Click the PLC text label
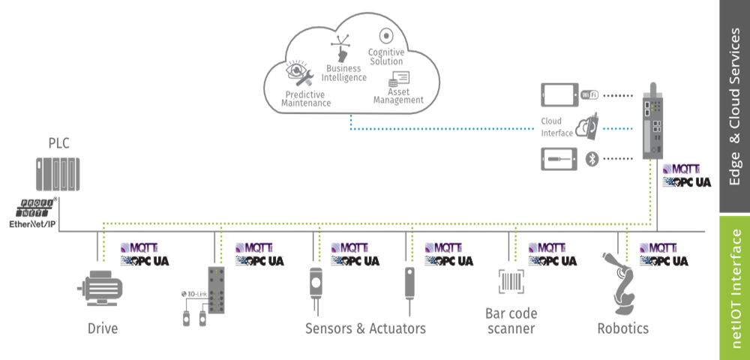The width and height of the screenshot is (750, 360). [59, 143]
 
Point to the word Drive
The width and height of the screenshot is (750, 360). [103, 328]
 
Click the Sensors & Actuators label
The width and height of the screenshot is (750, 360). [365, 328]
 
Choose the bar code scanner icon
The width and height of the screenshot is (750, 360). [511, 282]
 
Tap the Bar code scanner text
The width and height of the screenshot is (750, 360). [511, 321]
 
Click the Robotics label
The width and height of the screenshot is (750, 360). [622, 328]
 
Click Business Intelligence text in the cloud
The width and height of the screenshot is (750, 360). [346, 73]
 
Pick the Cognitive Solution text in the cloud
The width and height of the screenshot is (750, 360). [386, 56]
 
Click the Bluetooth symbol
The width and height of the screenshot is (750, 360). [591, 159]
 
